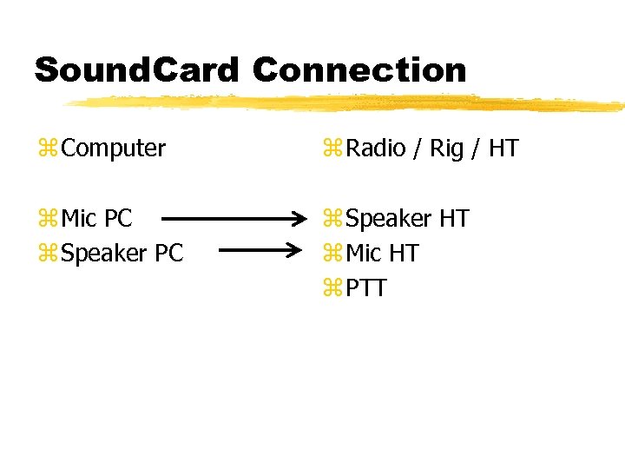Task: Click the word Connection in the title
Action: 360,69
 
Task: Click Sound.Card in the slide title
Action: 135,69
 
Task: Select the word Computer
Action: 114,149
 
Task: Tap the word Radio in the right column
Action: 375,149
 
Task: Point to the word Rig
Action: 447,149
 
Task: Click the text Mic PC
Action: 97,219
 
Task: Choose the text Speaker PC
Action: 122,254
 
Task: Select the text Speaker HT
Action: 407,219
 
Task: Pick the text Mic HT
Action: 382,254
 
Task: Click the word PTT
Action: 366,288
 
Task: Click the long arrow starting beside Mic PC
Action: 234,219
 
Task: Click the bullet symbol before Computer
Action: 48,149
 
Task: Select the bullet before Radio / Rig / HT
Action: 332,149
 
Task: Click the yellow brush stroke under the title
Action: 347,103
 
